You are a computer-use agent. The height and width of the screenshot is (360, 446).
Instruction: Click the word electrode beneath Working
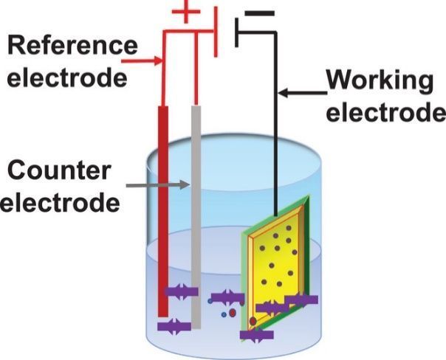(x=386, y=113)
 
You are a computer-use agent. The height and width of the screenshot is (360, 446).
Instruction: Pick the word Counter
(x=59, y=170)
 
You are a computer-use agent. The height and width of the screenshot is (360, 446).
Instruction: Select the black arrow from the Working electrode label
(x=303, y=94)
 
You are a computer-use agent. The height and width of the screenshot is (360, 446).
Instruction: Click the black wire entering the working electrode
(x=277, y=148)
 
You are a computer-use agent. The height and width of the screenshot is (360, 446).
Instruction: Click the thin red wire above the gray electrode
(x=196, y=66)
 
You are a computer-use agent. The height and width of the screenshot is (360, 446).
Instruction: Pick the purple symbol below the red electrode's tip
(x=174, y=325)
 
